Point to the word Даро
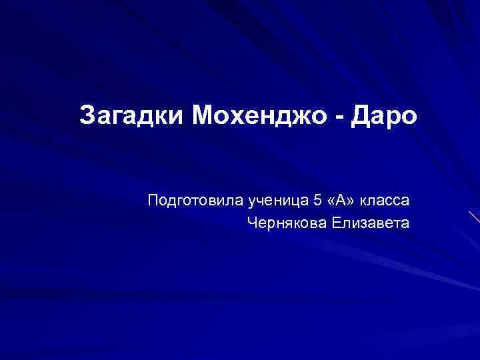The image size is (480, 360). click(x=386, y=115)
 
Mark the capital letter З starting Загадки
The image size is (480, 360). click(x=87, y=115)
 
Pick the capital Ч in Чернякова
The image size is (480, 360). click(x=251, y=222)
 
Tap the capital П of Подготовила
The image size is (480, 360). click(x=153, y=199)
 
